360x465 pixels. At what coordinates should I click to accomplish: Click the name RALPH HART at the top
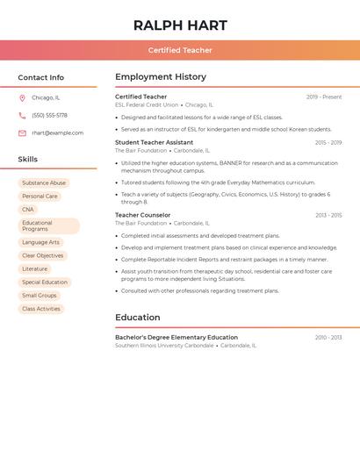180,25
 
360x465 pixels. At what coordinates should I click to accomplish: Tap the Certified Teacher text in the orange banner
180,50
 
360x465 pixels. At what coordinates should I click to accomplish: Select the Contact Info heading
40,77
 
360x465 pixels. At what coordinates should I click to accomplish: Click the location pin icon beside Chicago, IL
22,97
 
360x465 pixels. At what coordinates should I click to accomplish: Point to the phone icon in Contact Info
22,115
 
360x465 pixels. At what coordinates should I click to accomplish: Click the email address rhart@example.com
57,133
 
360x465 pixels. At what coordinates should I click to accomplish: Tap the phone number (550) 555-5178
49,115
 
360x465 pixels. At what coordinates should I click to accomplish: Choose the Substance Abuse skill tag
44,183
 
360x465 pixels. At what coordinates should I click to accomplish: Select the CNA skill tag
28,210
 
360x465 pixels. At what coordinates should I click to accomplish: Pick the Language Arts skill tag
40,242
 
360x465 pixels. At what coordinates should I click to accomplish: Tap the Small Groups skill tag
40,296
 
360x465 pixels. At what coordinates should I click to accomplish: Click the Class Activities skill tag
41,309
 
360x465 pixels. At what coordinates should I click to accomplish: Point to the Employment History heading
161,77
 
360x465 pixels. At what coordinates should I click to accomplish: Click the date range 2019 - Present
324,97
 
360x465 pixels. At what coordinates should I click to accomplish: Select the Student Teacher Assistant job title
154,142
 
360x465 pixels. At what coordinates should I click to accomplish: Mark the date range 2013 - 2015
328,215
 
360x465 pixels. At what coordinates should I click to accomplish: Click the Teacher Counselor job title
142,215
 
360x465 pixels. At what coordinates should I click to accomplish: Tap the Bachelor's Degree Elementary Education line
176,337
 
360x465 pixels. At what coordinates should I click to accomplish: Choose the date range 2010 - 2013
328,337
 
